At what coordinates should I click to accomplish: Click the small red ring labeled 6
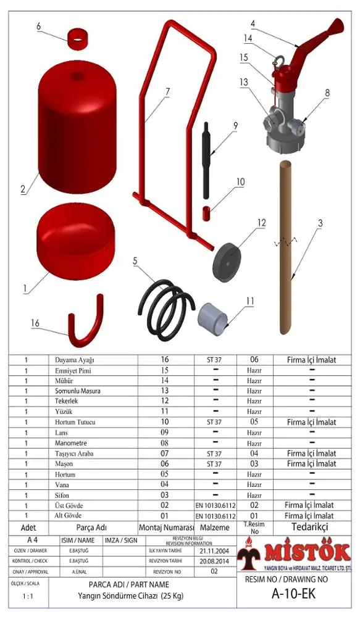tap(76, 39)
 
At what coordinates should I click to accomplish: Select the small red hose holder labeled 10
tap(207, 213)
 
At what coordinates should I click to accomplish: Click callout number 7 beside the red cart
tap(167, 90)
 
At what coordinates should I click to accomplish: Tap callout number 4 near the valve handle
tap(253, 24)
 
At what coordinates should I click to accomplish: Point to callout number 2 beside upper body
tap(23, 190)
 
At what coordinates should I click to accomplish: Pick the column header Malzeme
tap(216, 528)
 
